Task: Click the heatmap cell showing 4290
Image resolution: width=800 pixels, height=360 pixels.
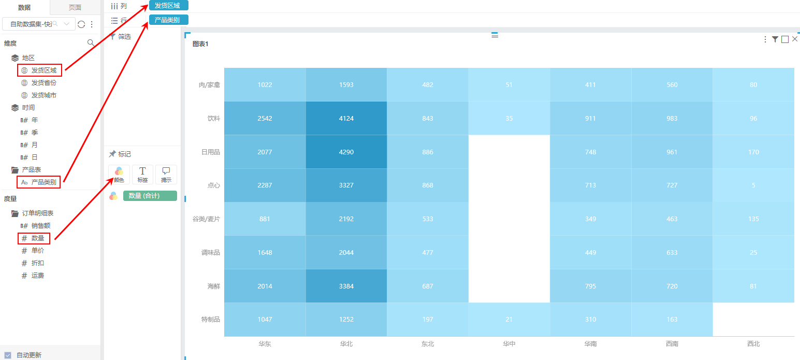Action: [x=346, y=152]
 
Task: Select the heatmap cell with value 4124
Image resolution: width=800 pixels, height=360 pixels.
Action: [x=346, y=118]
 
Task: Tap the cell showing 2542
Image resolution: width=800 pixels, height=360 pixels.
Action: [x=265, y=118]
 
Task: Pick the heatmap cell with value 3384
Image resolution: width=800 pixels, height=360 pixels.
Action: [x=346, y=286]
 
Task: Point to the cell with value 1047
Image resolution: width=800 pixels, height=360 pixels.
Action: [x=265, y=319]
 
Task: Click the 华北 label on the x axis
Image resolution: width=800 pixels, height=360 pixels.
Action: [x=346, y=343]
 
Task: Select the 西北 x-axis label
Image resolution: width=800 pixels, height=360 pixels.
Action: [x=753, y=343]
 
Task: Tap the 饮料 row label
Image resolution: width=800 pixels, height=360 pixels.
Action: [x=213, y=118]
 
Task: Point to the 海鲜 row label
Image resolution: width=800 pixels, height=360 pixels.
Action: [x=213, y=286]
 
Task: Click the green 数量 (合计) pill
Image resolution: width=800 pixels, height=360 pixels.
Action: [x=150, y=196]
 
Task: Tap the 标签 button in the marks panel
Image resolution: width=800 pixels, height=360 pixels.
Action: [x=142, y=174]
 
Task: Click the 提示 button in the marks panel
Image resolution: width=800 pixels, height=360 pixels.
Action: [x=166, y=174]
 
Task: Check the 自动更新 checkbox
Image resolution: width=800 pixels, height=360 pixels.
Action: [x=8, y=355]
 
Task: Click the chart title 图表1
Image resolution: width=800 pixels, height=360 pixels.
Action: [x=200, y=44]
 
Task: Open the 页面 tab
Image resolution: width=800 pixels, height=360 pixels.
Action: [x=75, y=7]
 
